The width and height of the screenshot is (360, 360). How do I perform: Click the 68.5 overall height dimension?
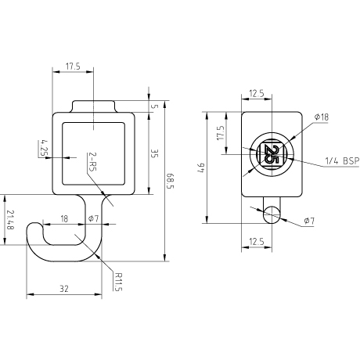click(x=170, y=181)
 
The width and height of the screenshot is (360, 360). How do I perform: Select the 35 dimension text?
click(x=155, y=153)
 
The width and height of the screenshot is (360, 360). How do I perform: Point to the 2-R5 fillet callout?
click(x=92, y=161)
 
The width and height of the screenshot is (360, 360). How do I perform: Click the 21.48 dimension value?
click(x=10, y=220)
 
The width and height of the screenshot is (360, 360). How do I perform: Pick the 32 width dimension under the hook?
click(x=64, y=289)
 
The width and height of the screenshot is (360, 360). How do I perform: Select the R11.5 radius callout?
click(x=118, y=282)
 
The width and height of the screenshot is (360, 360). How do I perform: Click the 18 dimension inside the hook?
click(x=64, y=218)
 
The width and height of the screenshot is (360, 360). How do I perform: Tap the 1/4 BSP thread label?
click(x=342, y=161)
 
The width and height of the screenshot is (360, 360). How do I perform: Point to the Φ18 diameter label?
click(x=322, y=117)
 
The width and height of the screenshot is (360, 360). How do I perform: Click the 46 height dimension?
click(x=202, y=167)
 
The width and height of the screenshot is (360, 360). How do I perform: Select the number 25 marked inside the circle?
click(x=272, y=154)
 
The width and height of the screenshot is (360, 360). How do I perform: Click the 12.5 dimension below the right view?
click(x=257, y=242)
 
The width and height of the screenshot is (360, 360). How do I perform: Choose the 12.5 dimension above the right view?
click(x=257, y=93)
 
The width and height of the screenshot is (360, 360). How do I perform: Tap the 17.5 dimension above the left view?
click(x=73, y=67)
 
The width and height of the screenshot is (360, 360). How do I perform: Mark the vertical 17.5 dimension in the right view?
click(x=221, y=133)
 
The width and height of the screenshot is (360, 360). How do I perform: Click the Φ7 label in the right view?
click(x=309, y=221)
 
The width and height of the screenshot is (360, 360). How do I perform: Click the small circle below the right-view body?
click(x=272, y=215)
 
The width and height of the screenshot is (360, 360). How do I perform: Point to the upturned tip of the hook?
click(x=34, y=225)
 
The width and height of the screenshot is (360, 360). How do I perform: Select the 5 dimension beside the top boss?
click(x=155, y=106)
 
